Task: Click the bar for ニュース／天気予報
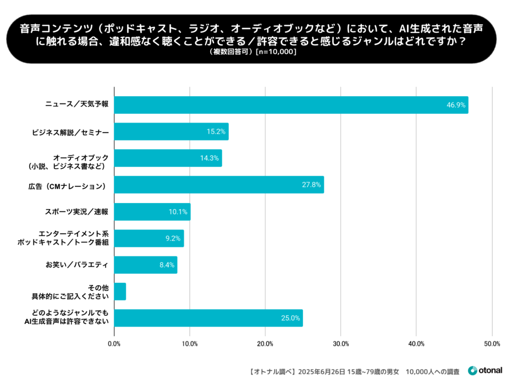pos(291,105)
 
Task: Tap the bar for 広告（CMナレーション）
pos(219,185)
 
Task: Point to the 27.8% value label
pos(311,185)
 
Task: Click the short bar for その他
pos(120,291)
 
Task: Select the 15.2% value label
pos(216,132)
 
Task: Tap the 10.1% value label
pos(178,212)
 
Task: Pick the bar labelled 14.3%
pos(168,158)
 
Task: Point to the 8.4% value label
pos(166,265)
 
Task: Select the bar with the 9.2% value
pos(148,239)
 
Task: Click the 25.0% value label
pos(290,318)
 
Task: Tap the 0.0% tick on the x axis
pos(114,344)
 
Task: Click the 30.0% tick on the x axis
pos(341,344)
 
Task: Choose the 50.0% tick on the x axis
pos(492,344)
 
